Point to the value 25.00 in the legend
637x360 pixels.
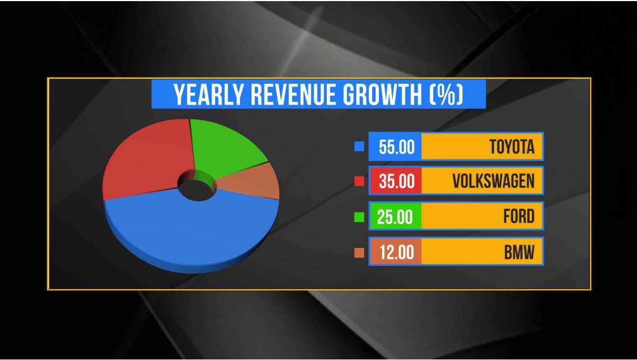(x=395, y=217)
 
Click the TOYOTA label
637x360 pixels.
(x=512, y=147)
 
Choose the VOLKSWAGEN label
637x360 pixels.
(x=493, y=181)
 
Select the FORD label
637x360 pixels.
(x=519, y=217)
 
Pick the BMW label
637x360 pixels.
(x=519, y=252)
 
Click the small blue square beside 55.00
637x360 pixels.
(x=359, y=147)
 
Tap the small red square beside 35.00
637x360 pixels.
(x=359, y=181)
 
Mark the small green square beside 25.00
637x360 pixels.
(x=359, y=217)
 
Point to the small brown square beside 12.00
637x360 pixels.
(x=359, y=253)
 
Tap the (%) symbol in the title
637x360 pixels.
(x=446, y=95)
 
